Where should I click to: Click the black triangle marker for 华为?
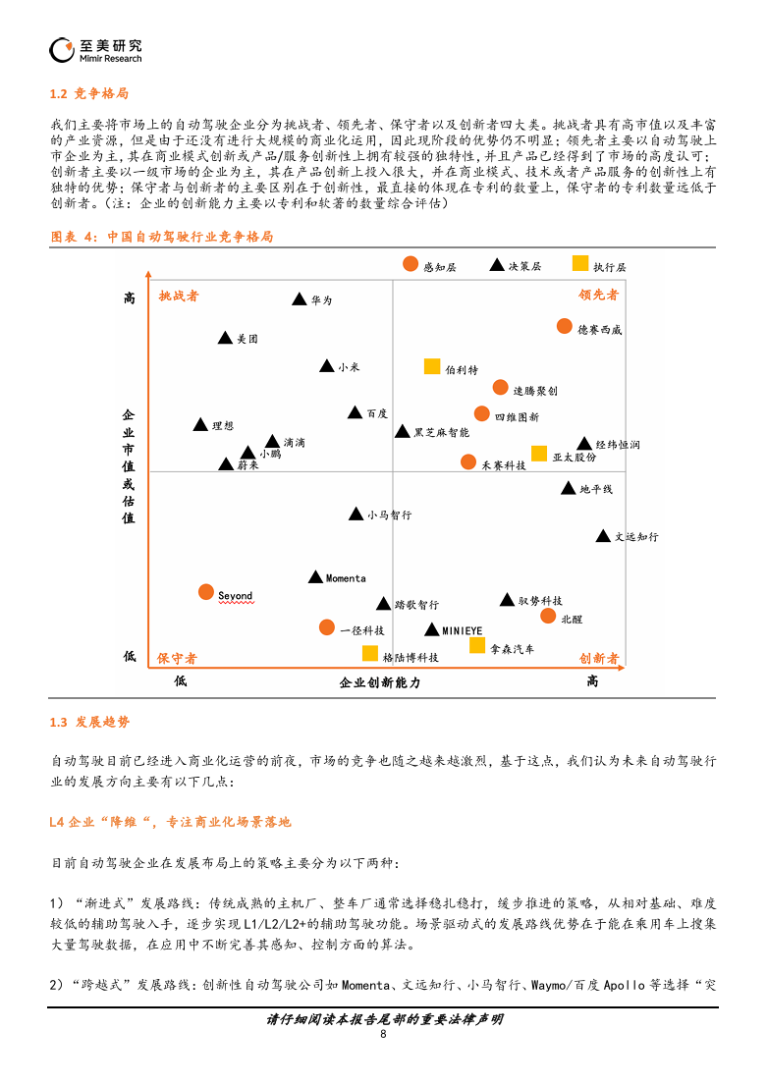click(x=300, y=298)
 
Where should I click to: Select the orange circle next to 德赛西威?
click(x=565, y=326)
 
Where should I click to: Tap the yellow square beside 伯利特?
click(x=432, y=366)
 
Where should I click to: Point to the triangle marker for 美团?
click(x=225, y=338)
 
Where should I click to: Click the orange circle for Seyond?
click(x=206, y=592)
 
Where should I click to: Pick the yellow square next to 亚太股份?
click(x=539, y=454)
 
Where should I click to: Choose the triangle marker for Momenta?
click(x=315, y=576)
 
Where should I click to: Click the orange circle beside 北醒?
click(x=548, y=615)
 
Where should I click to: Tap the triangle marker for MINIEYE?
click(x=432, y=629)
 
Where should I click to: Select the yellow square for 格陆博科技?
click(x=370, y=653)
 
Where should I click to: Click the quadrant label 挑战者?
click(x=179, y=297)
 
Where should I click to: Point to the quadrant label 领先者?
click(x=599, y=295)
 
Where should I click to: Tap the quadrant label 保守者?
click(x=177, y=658)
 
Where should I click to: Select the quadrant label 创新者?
click(x=599, y=658)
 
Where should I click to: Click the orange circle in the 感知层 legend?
click(x=411, y=263)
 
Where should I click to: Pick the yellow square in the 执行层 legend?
click(x=580, y=263)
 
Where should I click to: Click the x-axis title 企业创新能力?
click(x=379, y=682)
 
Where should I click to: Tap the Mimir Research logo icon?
click(x=62, y=50)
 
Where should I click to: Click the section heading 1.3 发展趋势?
click(x=89, y=722)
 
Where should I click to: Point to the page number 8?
click(x=383, y=1034)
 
